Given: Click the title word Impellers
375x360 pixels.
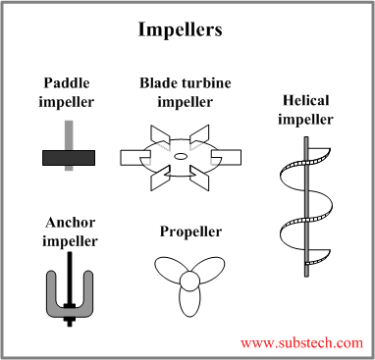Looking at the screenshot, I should [x=187, y=29].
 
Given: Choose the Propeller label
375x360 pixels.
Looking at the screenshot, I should [x=189, y=231].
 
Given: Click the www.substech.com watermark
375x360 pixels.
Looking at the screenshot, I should [x=301, y=342].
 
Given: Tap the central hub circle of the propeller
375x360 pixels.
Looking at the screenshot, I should [x=187, y=283].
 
